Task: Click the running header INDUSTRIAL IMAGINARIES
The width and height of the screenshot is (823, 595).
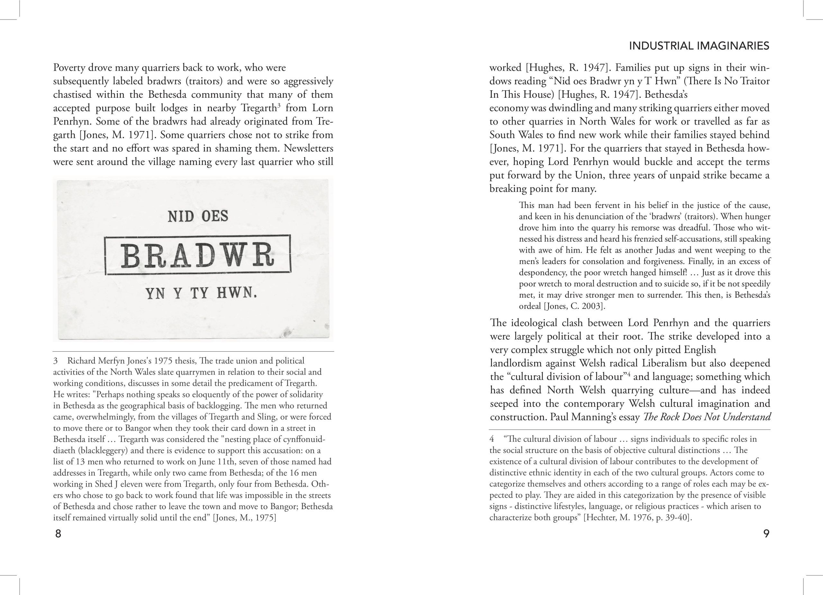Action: coord(699,46)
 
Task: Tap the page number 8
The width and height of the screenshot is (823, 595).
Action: coord(58,534)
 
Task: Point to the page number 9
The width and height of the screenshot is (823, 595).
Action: coord(766,534)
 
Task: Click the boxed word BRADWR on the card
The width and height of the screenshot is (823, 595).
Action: coord(197,255)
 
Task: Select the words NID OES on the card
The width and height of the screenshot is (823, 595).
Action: coord(198,217)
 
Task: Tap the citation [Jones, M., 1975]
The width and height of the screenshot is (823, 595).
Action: coord(244,518)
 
